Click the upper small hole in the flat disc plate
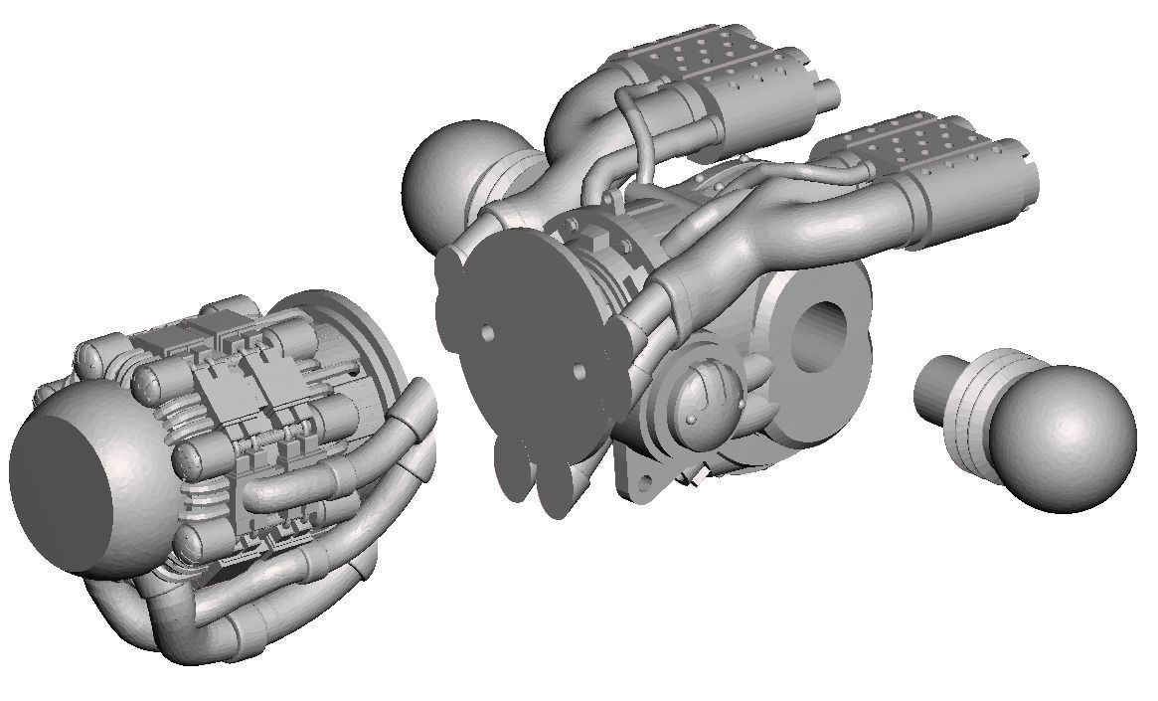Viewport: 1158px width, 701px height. (x=488, y=334)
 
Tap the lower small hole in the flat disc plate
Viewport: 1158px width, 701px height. (x=579, y=370)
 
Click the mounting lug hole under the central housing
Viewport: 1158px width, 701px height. (x=646, y=482)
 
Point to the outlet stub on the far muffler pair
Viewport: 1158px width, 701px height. (x=827, y=94)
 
